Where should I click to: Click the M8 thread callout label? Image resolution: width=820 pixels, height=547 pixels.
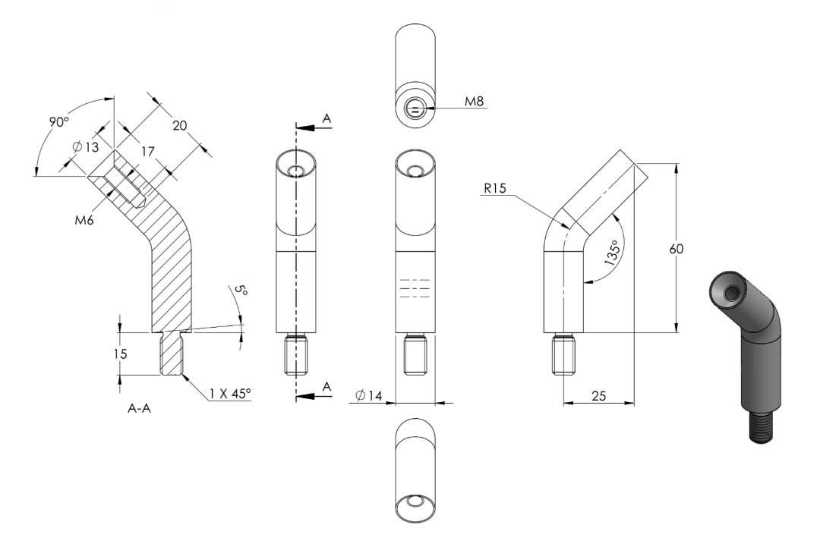[475, 101]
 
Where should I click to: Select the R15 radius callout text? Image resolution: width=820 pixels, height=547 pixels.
[495, 188]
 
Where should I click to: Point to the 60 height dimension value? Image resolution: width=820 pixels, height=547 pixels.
[676, 249]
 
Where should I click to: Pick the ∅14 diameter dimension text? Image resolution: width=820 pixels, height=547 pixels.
[368, 395]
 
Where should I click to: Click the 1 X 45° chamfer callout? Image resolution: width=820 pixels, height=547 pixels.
[230, 393]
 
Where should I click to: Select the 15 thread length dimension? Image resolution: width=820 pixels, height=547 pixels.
[120, 354]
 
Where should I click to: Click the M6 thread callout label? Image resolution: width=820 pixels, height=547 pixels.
[84, 221]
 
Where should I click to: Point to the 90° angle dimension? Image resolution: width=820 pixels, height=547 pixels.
[59, 122]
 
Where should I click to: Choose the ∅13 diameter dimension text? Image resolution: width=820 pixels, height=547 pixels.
[86, 147]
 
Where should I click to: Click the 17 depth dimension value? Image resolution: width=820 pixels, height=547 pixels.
[148, 152]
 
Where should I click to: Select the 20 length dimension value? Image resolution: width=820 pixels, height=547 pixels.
[179, 125]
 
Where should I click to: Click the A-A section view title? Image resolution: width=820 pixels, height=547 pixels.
[139, 409]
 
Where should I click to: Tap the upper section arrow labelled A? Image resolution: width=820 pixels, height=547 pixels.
[314, 126]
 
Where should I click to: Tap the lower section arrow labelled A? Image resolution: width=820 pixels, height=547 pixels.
[314, 395]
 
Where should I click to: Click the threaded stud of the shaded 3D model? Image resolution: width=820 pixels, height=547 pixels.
[761, 426]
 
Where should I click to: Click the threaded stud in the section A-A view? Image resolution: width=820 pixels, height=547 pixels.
[171, 354]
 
